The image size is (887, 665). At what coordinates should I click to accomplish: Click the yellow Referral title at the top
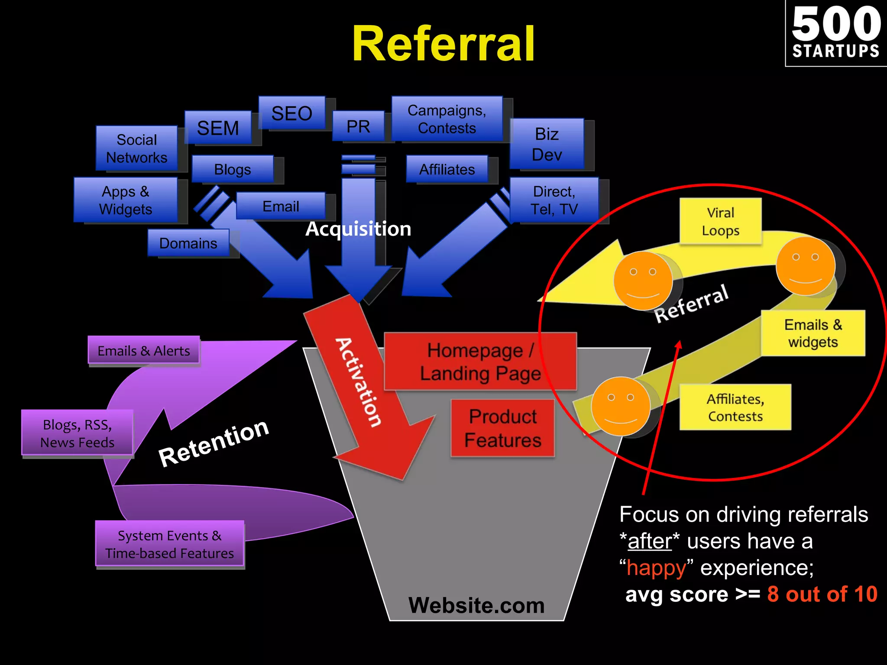443,44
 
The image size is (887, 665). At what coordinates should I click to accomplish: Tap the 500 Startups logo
836,33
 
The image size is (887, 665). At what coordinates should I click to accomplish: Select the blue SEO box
291,113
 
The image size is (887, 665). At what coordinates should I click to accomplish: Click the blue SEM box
218,128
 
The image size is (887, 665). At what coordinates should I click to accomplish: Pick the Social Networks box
136,148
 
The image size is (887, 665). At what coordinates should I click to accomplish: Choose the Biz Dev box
547,144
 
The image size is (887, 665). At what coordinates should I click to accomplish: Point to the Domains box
188,243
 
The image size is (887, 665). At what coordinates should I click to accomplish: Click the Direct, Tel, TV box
554,200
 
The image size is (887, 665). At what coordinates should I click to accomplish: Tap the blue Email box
281,206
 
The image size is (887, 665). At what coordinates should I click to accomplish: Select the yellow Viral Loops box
720,221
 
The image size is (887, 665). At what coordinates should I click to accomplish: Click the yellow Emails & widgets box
813,333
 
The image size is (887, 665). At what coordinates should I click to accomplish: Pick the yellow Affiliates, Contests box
735,407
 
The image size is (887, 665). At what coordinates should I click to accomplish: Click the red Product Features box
502,428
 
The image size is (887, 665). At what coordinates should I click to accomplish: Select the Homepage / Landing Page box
480,362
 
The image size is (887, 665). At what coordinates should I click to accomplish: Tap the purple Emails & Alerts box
143,350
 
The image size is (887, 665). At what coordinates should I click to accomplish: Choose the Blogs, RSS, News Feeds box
77,433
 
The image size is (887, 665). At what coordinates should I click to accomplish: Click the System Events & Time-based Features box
169,544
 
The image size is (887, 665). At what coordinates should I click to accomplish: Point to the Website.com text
476,605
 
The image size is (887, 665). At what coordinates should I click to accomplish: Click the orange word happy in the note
656,568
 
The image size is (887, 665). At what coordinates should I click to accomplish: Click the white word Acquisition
358,229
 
